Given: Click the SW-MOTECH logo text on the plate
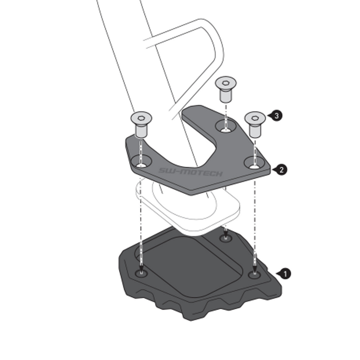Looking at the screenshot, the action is [x=190, y=172].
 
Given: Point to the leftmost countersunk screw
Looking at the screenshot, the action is [x=141, y=125].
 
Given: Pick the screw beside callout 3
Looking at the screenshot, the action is [x=255, y=125].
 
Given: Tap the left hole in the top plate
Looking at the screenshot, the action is [x=142, y=161].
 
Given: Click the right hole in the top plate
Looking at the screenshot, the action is [x=254, y=162].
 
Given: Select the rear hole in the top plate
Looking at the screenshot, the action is [x=226, y=126].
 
